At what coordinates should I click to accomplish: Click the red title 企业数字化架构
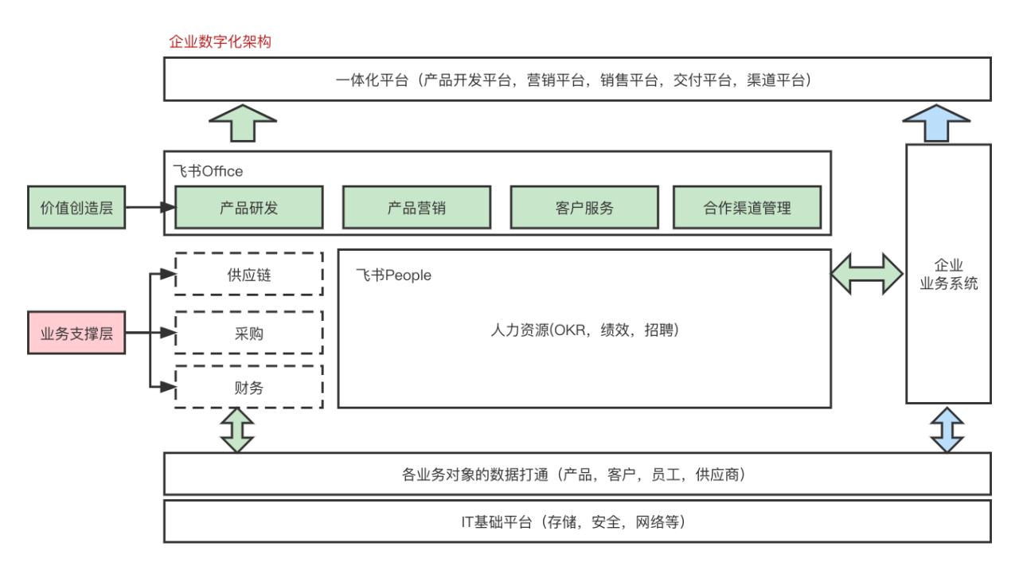(220, 41)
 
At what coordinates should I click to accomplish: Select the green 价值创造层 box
(76, 208)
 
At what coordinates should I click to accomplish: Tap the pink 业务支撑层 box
(76, 333)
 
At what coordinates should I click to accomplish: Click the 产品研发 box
(249, 208)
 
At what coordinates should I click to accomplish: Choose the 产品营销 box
(416, 208)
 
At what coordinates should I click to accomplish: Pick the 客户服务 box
(584, 208)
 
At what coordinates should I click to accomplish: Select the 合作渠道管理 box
(747, 208)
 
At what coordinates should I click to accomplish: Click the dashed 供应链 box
(249, 275)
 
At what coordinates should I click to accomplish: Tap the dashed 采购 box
(249, 333)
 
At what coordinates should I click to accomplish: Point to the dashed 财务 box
(249, 388)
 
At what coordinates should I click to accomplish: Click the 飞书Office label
(208, 171)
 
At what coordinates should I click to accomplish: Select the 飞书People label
(393, 275)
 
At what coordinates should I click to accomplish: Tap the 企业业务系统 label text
(948, 275)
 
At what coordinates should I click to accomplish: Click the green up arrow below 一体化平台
(243, 123)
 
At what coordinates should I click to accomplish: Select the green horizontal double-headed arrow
(868, 274)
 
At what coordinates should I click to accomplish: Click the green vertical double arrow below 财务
(236, 430)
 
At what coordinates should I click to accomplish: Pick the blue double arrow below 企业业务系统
(947, 430)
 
